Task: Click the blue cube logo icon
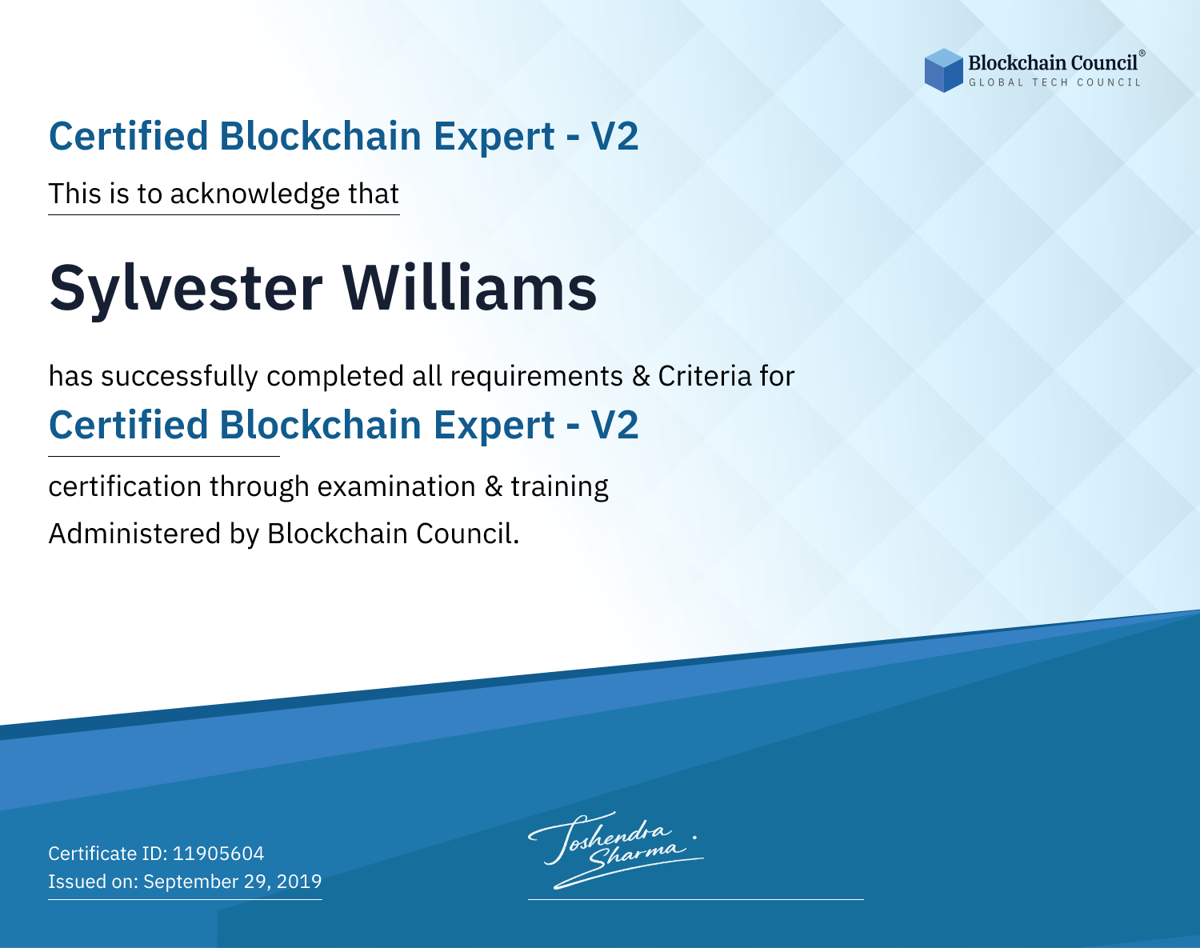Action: coord(943,70)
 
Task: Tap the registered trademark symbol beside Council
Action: coord(1142,54)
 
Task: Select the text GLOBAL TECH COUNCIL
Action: coord(1054,82)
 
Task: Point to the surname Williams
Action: coord(469,288)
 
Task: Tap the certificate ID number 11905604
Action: coord(218,853)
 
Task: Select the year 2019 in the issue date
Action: coord(299,881)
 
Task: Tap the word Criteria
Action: coord(704,376)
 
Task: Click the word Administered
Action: coord(135,534)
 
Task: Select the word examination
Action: coord(397,486)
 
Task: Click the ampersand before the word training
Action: coord(494,487)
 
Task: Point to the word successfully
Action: coord(179,377)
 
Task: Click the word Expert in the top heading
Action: coord(494,138)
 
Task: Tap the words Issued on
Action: coord(93,881)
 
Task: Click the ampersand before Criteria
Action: coord(641,377)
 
